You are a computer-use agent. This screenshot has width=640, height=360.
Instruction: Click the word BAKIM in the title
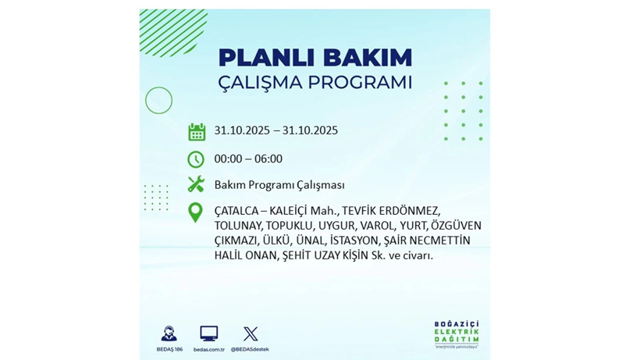[x=361, y=58]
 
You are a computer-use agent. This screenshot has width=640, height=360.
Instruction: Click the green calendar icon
[x=197, y=131]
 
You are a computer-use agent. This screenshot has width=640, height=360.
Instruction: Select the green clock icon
[x=196, y=159]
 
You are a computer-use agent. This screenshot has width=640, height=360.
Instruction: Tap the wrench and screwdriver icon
[x=196, y=185]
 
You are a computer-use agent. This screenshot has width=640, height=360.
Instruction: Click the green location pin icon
[x=196, y=212]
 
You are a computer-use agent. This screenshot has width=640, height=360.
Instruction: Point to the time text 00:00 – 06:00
[x=248, y=159]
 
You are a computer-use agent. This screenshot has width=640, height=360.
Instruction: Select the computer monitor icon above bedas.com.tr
[x=208, y=333]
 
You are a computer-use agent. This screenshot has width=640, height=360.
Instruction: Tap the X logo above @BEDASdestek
[x=251, y=333]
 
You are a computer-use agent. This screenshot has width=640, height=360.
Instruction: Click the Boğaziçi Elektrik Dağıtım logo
[x=457, y=333]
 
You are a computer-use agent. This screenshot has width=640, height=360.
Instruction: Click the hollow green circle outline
[x=159, y=100]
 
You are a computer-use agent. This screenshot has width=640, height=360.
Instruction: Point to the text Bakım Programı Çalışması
[x=279, y=185]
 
